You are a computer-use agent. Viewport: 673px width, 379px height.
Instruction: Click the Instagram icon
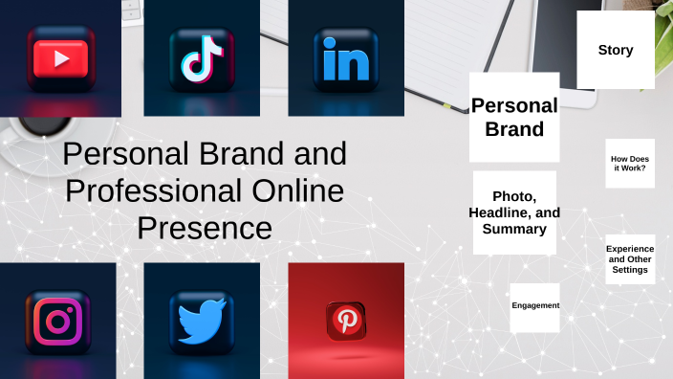point(58,320)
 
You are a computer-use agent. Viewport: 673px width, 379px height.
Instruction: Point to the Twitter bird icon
point(201,320)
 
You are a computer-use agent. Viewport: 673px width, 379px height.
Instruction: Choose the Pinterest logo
point(345,320)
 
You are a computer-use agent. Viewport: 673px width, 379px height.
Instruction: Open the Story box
point(615,50)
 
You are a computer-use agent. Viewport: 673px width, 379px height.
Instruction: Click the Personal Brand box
point(514,117)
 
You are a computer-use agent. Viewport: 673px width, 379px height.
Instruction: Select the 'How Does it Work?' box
point(629,164)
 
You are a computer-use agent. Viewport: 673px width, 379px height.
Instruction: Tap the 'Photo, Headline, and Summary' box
point(514,212)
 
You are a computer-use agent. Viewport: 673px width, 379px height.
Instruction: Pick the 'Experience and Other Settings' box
point(630,259)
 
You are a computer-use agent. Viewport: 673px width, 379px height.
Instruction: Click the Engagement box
point(534,306)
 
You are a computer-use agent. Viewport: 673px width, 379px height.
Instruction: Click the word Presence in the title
point(205,229)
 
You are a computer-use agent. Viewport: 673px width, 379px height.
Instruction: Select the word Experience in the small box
point(630,249)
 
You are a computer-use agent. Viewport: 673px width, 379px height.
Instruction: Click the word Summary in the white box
point(514,229)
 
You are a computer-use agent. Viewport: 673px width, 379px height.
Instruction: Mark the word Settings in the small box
point(630,270)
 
